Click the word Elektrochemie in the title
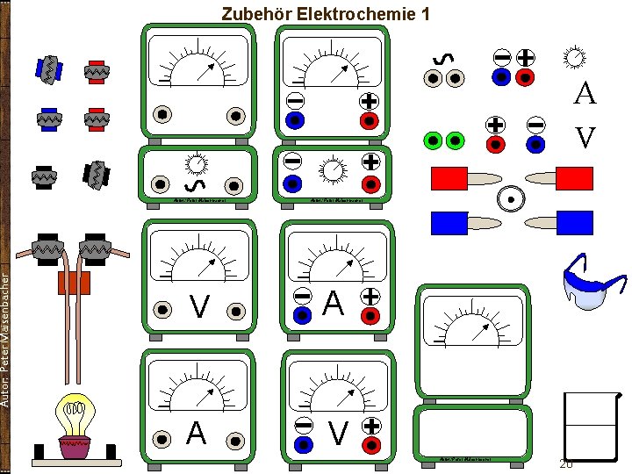pos(357,14)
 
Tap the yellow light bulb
pos(75,414)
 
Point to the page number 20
pos(566,463)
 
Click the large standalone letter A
pos(585,94)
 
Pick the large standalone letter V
pos(585,137)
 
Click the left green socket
pos(431,140)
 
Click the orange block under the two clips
pos(73,283)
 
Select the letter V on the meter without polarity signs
pos(200,307)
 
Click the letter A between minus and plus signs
pos(334,303)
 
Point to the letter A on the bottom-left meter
pos(197,434)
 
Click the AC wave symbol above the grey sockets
pos(444,58)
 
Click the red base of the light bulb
pos(75,448)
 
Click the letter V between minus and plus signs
pos(337,432)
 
